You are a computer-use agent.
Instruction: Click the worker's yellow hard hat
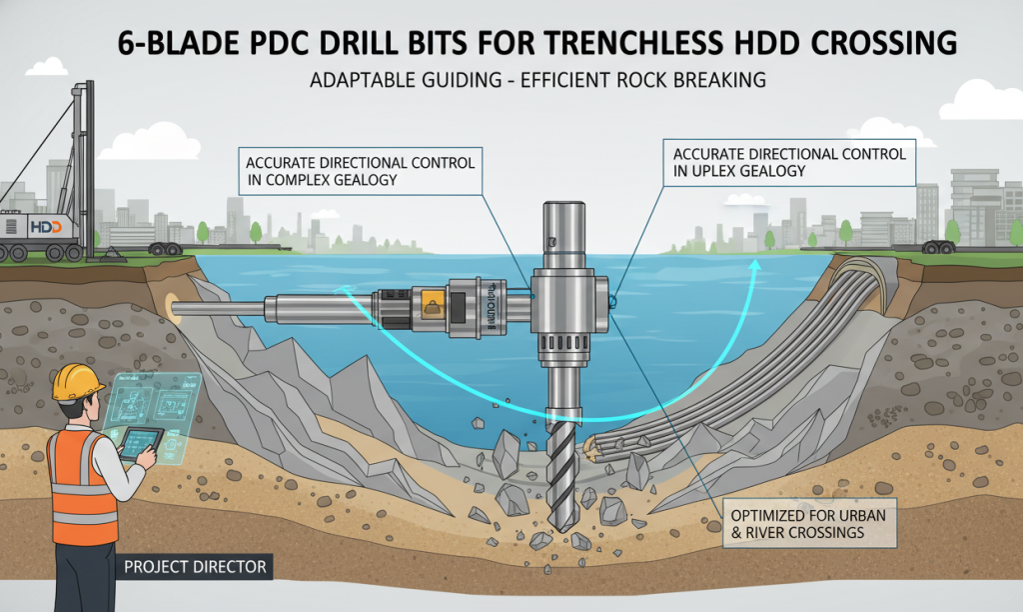coord(78,381)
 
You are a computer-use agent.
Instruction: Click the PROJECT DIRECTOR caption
coord(195,567)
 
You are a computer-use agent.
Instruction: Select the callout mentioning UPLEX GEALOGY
coord(789,163)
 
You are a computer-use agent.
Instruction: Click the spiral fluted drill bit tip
coord(562,470)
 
